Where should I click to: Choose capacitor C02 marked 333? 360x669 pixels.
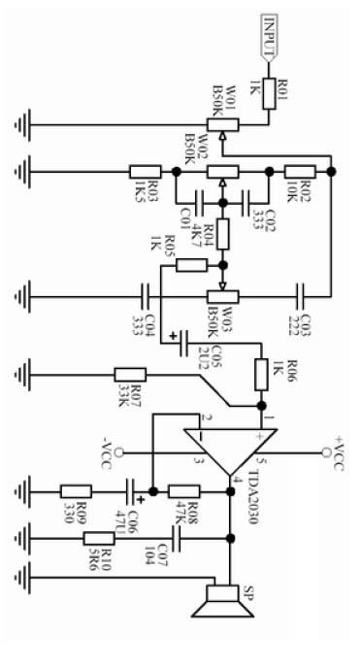coord(251,204)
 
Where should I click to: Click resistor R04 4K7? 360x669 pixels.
coord(223,234)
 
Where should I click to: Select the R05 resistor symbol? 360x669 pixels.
coord(192,265)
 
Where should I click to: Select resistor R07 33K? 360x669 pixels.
coord(130,374)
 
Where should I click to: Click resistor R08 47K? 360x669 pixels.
coord(183,491)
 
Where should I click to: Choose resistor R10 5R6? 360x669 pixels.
coord(98,537)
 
